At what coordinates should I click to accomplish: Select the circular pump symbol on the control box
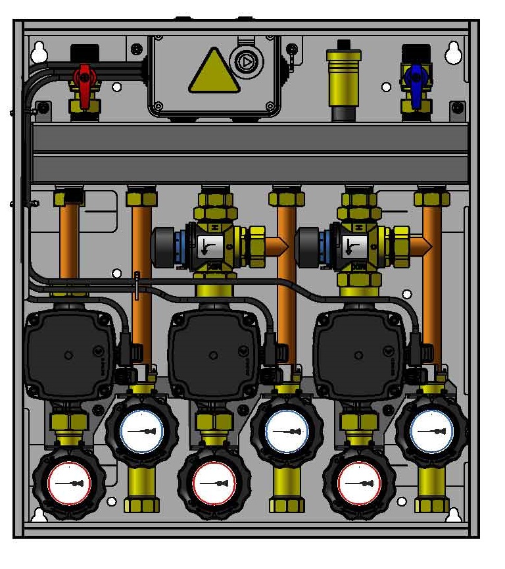point(245,63)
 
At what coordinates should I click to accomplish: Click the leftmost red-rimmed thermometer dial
point(69,483)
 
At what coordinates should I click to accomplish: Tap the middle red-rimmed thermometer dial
point(214,483)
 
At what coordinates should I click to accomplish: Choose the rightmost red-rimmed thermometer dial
point(359,483)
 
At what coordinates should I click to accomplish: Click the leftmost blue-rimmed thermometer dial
point(141,432)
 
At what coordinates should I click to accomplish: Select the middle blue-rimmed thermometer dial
point(287,432)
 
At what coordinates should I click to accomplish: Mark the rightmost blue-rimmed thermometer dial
point(431,432)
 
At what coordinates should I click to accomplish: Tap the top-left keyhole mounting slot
point(39,53)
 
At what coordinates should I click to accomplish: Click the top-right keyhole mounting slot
point(453,53)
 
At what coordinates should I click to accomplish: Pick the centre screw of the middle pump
point(212,355)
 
